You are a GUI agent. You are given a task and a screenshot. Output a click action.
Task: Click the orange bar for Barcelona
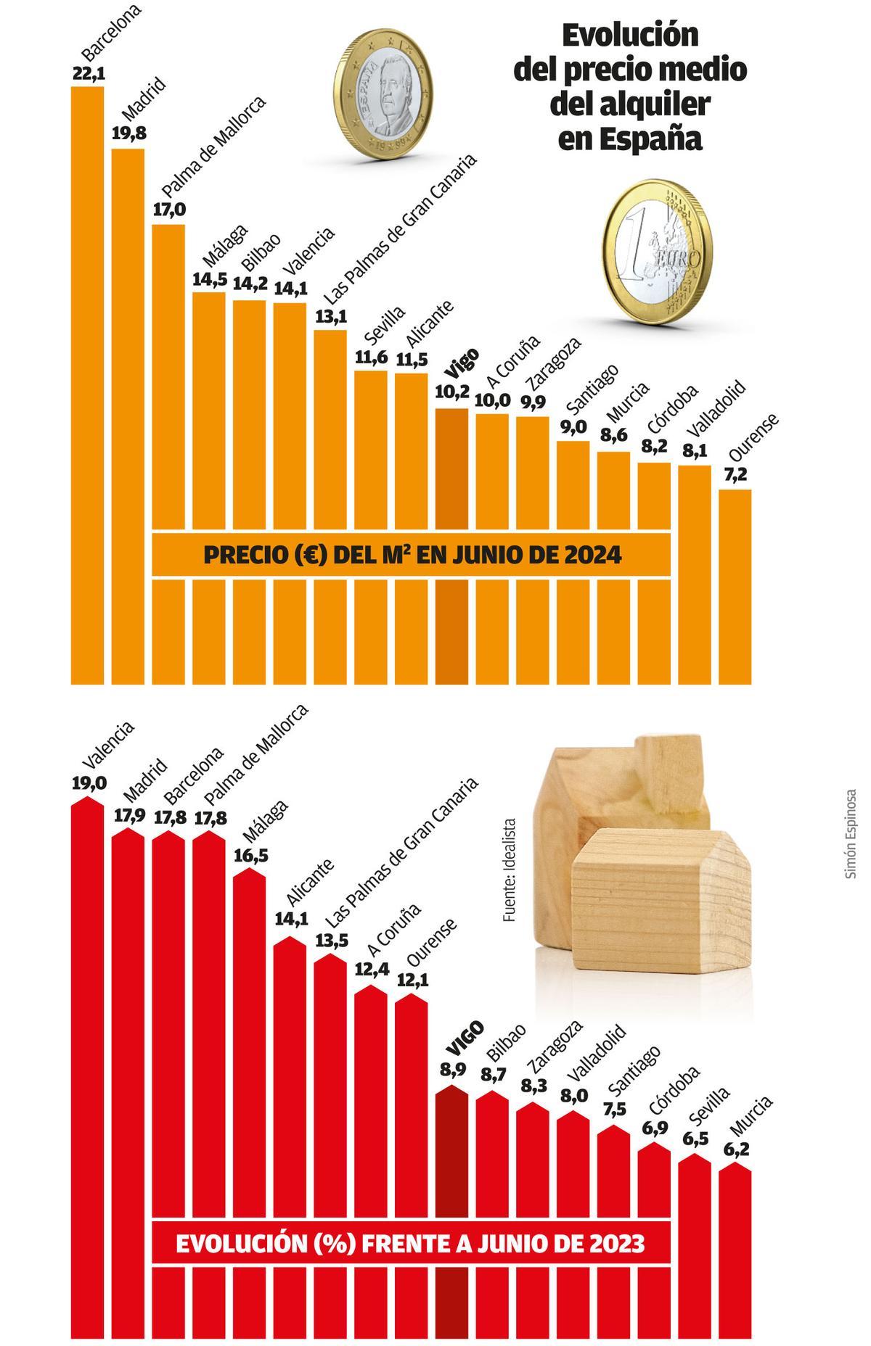pos(87,384)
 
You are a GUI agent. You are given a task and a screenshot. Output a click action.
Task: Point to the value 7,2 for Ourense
pos(735,474)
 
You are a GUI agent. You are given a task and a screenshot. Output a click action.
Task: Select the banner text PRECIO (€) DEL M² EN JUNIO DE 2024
pos(412,556)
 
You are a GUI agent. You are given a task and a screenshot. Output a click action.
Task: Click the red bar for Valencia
pos(87,1052)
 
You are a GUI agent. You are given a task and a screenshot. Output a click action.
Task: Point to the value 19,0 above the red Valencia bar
pos(89,783)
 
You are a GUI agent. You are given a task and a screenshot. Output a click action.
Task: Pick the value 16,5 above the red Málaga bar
pos(251,855)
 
